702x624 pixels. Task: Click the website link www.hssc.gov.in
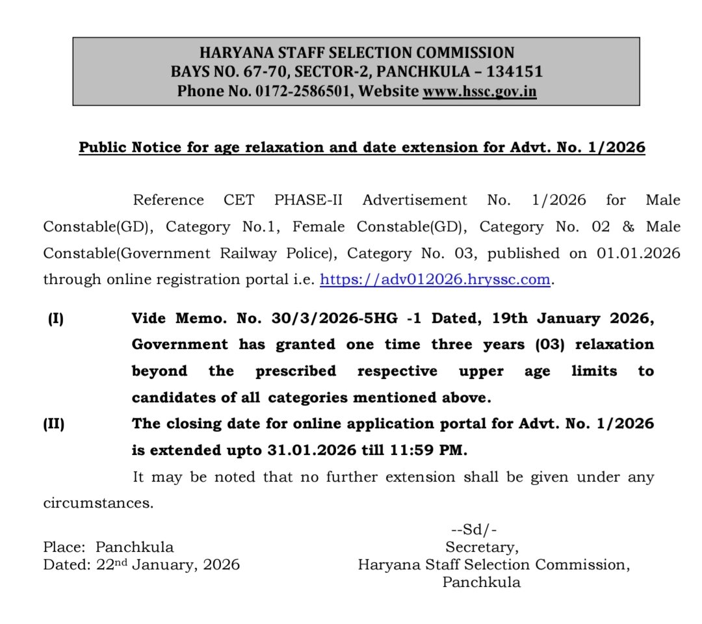[x=480, y=92]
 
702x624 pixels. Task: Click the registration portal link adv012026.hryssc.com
[x=436, y=279]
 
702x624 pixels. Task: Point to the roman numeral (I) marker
[x=55, y=319]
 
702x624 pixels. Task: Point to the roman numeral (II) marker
[x=55, y=424]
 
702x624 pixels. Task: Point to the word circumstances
[x=98, y=503]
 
